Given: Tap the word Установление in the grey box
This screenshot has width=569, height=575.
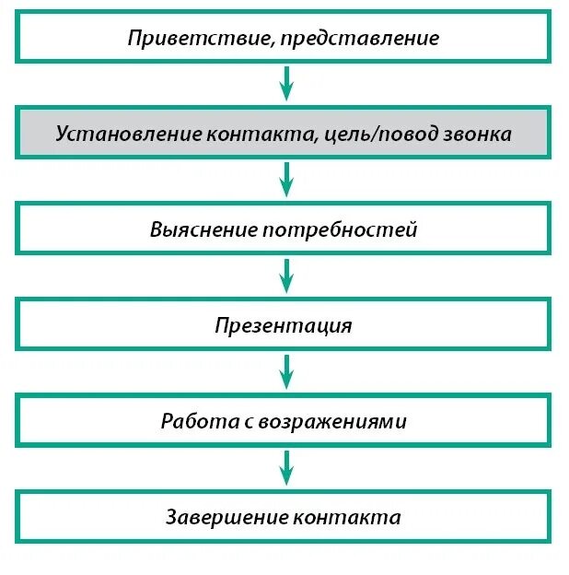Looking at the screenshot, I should [116, 135].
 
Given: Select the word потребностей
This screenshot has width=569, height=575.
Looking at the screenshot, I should [340, 230].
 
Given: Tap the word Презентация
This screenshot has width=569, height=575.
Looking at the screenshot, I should [284, 326].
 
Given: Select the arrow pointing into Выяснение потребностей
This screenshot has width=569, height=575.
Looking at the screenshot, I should [285, 181].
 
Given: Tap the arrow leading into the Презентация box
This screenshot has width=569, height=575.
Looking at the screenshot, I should [285, 276].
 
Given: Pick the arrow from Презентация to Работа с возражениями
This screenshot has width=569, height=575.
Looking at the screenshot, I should [285, 372].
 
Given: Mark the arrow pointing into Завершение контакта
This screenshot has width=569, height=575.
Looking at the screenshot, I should [285, 468].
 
